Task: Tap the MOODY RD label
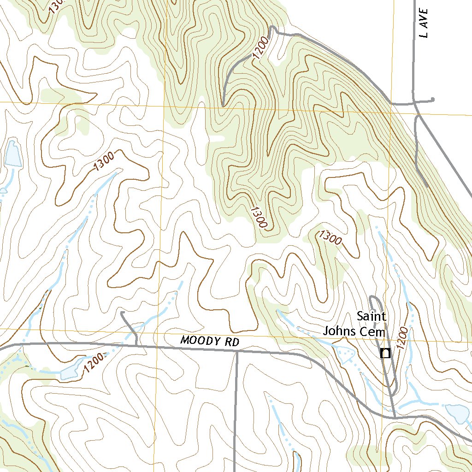210,342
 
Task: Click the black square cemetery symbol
385,354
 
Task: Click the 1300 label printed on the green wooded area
259,217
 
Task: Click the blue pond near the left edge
12,154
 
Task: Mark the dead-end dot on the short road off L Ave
432,100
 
